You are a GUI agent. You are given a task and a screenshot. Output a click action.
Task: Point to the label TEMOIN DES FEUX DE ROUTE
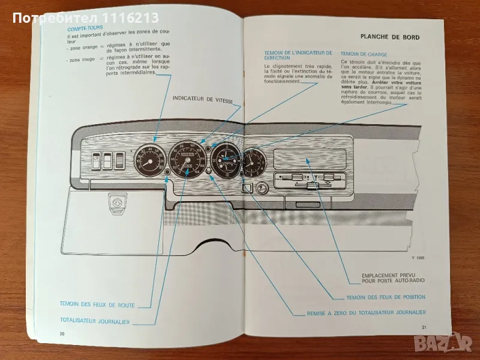(x=97, y=305)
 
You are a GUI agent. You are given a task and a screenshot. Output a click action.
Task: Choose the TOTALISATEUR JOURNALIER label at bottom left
(x=95, y=322)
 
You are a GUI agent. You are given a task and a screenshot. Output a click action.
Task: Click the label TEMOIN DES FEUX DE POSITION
(x=386, y=297)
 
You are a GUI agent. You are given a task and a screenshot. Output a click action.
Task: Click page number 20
(x=61, y=333)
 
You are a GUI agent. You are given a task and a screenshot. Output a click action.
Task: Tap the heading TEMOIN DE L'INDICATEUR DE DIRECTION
(x=298, y=56)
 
